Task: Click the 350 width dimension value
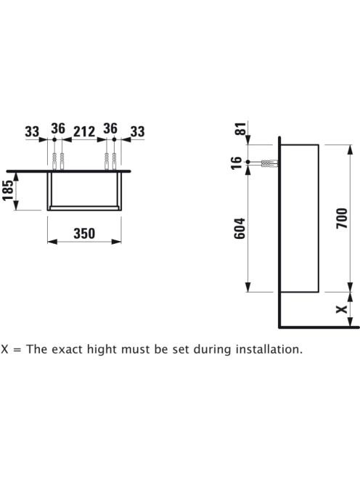84,234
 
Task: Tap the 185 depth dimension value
9,190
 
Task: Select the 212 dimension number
84,131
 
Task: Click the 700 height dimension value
342,218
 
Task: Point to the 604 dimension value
240,229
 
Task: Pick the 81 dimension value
241,128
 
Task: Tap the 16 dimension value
237,163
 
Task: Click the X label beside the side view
342,309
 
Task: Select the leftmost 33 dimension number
32,131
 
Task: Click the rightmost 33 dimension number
137,131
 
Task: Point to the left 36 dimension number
58,128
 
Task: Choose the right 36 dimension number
110,128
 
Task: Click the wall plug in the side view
269,163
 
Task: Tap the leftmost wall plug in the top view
54,160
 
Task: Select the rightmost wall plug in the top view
114,160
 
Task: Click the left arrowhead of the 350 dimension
52,242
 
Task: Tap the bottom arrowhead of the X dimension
350,322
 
